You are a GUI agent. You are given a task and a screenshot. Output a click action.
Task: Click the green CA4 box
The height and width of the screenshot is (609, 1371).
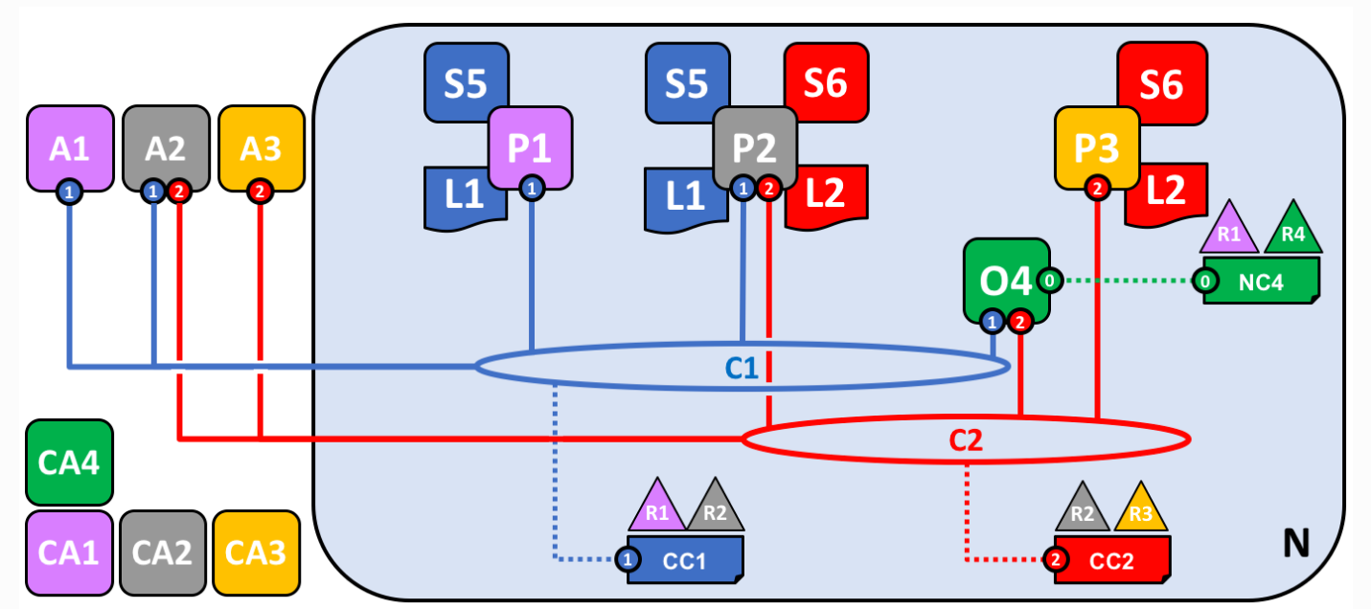point(70,462)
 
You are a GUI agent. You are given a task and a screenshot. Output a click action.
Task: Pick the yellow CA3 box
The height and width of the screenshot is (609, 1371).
point(256,553)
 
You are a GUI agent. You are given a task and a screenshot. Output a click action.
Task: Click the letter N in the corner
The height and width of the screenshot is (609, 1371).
point(1295,544)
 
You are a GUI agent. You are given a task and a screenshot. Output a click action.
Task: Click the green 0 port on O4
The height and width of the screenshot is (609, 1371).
point(1050,281)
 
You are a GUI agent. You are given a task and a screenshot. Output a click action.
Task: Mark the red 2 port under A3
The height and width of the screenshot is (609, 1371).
point(260,192)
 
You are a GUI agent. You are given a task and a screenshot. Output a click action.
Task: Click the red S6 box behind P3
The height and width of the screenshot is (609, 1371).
point(1160,81)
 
